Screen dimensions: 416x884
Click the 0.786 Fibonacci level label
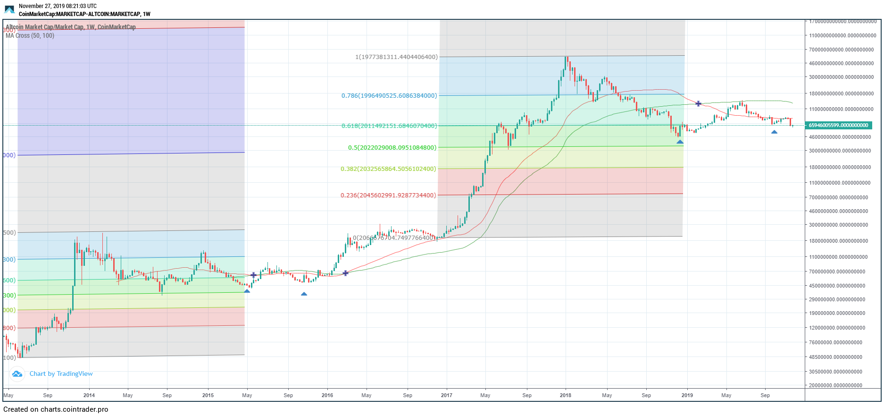click(x=389, y=96)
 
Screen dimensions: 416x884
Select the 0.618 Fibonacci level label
click(x=389, y=126)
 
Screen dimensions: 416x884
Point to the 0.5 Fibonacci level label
click(x=392, y=148)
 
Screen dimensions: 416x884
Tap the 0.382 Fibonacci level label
click(x=389, y=169)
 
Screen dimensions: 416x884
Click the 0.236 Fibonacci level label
click(x=389, y=195)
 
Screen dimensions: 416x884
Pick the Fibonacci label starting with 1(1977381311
click(x=396, y=57)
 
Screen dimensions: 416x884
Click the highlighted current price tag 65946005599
click(x=838, y=125)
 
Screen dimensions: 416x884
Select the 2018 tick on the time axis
click(x=565, y=395)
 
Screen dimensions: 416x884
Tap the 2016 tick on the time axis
click(x=327, y=395)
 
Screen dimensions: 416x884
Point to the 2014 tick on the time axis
click(x=89, y=395)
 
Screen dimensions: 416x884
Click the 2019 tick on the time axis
click(x=687, y=395)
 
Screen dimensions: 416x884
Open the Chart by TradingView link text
click(x=61, y=374)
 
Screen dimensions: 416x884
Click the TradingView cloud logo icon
click(x=17, y=374)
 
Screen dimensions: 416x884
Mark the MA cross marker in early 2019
click(x=698, y=103)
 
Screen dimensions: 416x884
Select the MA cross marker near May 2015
click(x=253, y=275)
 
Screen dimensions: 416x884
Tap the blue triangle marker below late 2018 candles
click(x=680, y=142)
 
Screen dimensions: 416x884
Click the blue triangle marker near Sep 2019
click(x=774, y=132)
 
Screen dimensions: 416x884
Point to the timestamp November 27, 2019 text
click(x=58, y=6)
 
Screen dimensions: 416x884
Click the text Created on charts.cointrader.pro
click(x=56, y=409)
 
